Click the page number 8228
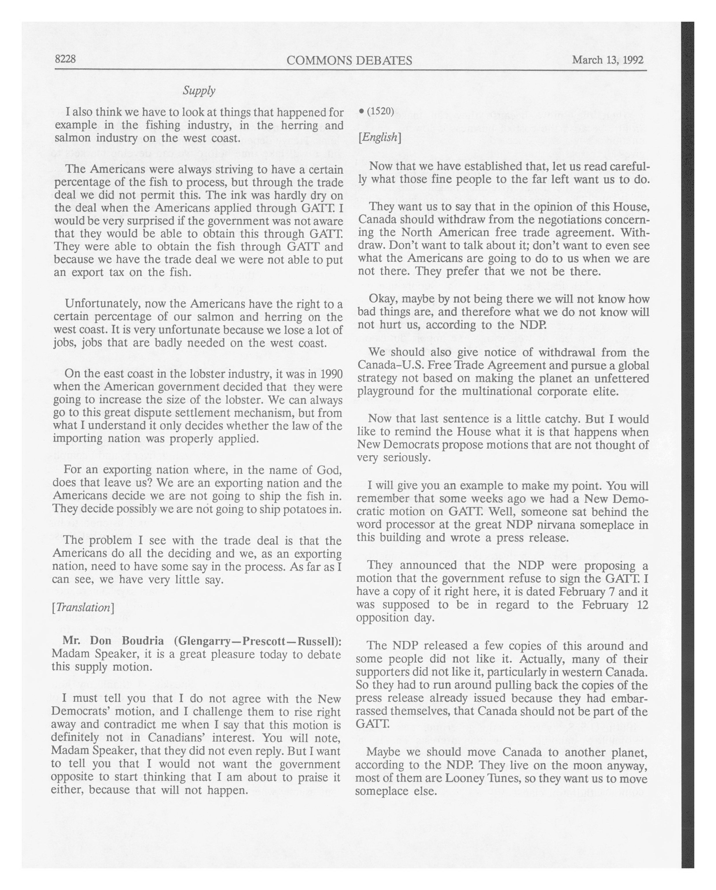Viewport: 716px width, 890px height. [x=65, y=59]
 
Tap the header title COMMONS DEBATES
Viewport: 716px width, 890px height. [x=349, y=61]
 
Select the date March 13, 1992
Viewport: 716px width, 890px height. [x=608, y=60]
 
